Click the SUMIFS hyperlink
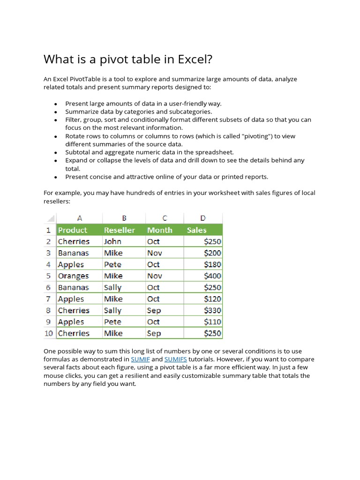tap(176, 359)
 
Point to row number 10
tap(49, 333)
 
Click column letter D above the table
tap(202, 218)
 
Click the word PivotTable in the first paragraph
tap(82, 79)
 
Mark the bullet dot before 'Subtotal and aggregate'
tap(55, 153)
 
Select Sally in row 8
tap(113, 310)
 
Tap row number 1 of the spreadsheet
tap(49, 230)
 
